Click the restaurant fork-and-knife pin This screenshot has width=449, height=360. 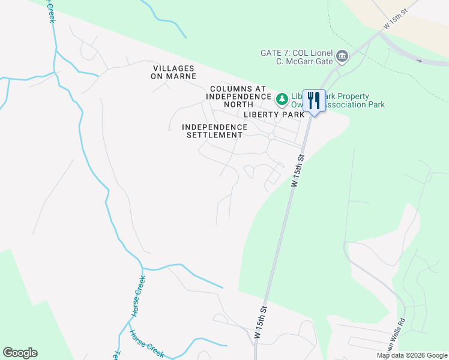coord(314,100)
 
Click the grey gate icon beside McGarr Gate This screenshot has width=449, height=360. coord(342,57)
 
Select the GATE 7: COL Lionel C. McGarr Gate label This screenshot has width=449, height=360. coord(297,56)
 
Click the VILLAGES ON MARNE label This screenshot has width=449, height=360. coord(175,72)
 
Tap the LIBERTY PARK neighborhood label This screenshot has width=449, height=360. coord(274,114)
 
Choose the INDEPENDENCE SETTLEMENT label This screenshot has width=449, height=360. coord(214,131)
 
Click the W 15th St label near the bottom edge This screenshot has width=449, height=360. coord(260,323)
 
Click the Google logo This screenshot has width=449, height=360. coord(20,353)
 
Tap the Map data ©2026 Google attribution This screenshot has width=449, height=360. coord(411,355)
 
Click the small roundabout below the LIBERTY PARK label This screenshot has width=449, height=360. coord(271,137)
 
